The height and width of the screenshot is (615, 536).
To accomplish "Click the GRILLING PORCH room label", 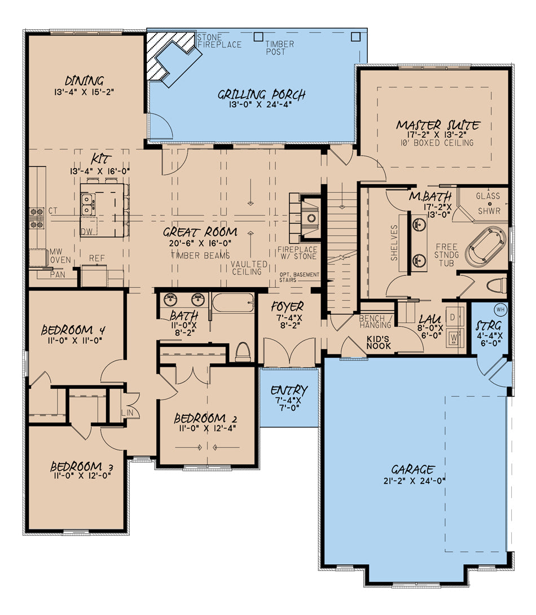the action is coord(262,95).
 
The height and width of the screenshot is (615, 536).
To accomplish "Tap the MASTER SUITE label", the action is coord(438,125).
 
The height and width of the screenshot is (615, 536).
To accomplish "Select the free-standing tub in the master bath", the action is coord(486,247).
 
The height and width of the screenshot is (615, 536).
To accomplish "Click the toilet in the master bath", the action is coord(497,285).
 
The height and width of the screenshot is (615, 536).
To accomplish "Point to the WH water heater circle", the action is coord(500,309).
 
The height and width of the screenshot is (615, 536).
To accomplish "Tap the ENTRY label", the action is coord(289,390).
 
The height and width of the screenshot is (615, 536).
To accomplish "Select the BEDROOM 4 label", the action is coord(73,330).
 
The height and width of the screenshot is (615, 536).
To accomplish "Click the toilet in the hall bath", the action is coord(243,352).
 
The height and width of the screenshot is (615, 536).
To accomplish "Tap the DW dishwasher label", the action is coord(87,231).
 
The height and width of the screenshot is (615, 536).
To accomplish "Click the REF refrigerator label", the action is coord(97,258).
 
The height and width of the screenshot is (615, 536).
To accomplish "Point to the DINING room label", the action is coord(84,81).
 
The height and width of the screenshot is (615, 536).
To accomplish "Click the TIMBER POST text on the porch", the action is coord(280,47).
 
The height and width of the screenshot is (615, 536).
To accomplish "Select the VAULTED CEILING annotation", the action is coord(249,267).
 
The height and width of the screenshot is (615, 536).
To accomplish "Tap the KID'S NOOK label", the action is coord(379,342).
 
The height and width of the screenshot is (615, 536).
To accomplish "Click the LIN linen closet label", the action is coord(128,412).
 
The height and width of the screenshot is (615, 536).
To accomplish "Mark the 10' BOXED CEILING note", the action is coord(437,143).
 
